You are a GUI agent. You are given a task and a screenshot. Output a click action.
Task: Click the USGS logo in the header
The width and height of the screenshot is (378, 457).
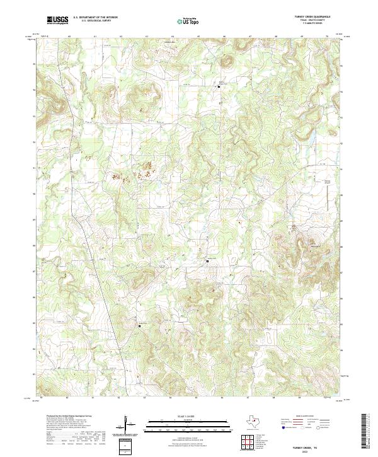click(57, 20)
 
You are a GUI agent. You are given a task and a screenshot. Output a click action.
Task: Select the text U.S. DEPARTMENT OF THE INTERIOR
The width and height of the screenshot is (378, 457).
click(95, 18)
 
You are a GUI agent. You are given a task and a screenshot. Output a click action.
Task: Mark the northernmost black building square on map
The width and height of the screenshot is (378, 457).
click(219, 87)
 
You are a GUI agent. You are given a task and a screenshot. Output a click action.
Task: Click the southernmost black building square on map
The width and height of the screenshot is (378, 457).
click(140, 326)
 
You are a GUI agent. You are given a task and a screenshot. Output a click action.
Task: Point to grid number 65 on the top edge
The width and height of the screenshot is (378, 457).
click(198, 37)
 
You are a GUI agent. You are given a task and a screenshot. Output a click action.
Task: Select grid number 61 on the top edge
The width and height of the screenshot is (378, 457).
click(94, 37)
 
